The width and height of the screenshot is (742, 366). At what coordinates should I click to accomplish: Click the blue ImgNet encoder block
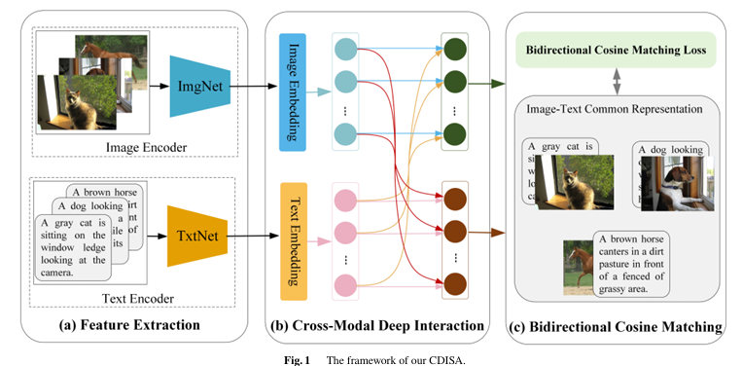click(x=199, y=86)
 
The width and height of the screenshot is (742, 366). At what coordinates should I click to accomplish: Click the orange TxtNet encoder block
click(x=199, y=237)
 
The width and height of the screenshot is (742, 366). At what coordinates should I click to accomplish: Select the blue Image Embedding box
click(x=293, y=91)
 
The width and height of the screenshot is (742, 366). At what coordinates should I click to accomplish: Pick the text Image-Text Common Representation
click(x=616, y=108)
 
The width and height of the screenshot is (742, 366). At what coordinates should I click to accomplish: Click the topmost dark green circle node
click(x=454, y=48)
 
